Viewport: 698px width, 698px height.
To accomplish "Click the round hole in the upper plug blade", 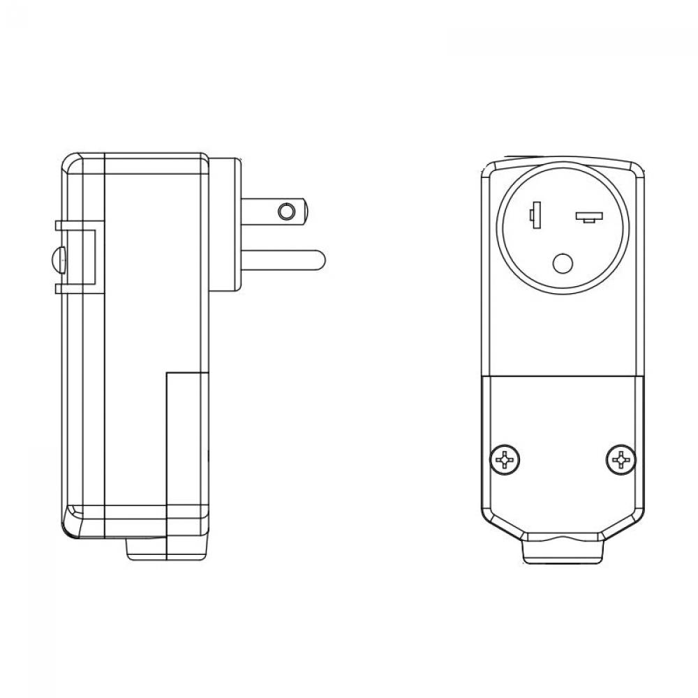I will tap(285, 211).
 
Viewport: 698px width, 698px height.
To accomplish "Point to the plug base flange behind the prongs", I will tap(225, 223).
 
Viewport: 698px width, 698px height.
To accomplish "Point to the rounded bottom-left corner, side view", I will tap(67, 529).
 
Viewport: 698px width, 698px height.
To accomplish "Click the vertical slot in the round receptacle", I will tap(535, 216).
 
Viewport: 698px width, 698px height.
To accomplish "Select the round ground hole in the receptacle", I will tap(563, 263).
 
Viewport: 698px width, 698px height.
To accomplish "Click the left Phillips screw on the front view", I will tap(505, 459).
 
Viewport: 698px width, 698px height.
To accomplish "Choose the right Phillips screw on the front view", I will tap(620, 459).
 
